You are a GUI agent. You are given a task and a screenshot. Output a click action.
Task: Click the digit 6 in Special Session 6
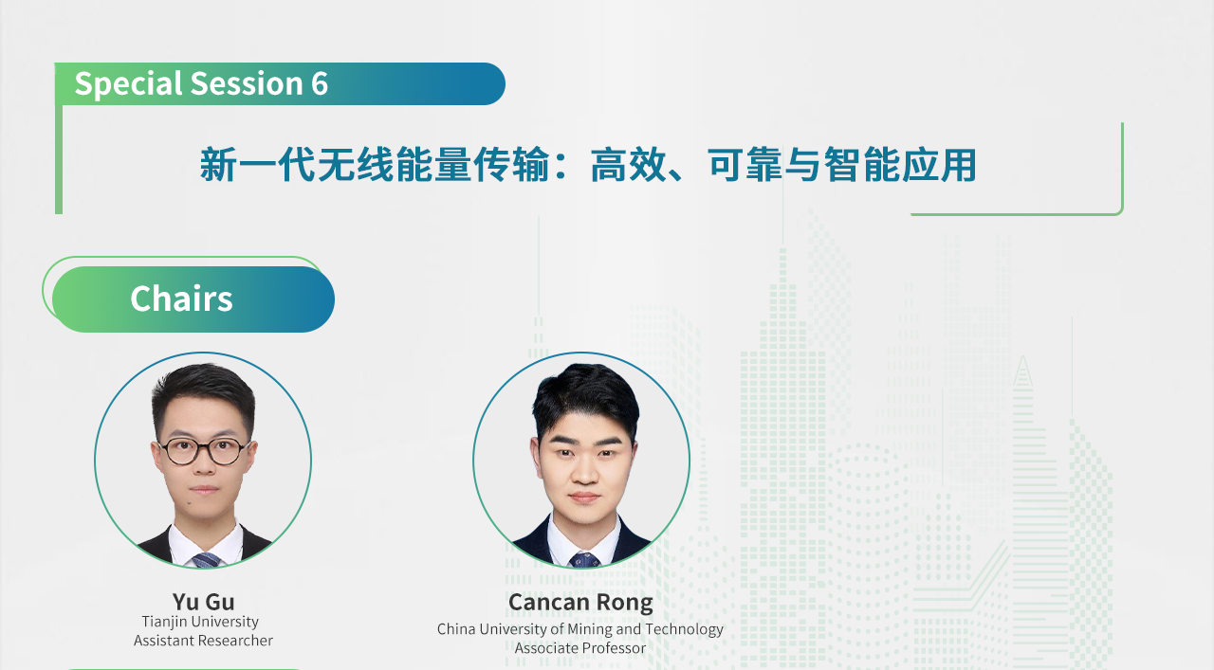[320, 84]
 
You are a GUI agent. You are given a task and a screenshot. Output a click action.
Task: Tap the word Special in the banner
[128, 84]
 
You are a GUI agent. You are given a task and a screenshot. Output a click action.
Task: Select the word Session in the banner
[247, 84]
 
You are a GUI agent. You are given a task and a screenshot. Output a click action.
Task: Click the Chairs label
[181, 299]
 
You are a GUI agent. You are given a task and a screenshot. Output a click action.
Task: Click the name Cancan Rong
[580, 603]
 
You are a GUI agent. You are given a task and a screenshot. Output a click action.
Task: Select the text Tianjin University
[200, 622]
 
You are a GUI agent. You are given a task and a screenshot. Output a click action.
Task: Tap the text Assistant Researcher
[203, 641]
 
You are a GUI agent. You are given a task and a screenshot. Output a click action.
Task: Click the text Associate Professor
[579, 648]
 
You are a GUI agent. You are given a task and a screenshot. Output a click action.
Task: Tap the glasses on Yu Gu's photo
[203, 451]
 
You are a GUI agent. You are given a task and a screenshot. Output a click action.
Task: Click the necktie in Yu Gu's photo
[206, 560]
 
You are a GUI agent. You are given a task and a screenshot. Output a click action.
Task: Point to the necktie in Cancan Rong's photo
[583, 559]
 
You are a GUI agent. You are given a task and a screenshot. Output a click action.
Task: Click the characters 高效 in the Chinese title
[628, 165]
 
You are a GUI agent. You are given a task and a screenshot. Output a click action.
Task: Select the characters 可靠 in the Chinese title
[745, 165]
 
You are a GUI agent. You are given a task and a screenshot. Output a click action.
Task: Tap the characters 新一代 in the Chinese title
[257, 165]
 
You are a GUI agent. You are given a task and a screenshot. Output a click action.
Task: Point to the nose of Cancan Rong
[584, 471]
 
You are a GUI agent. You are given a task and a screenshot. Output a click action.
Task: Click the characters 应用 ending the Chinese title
[939, 165]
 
